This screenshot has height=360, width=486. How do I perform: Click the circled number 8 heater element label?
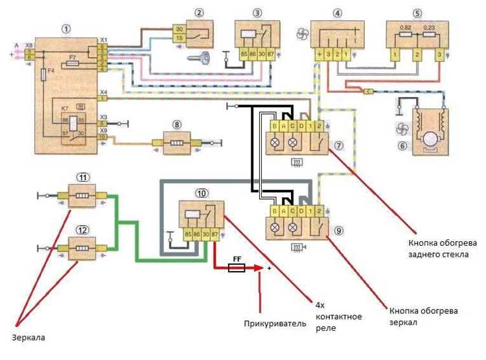point(177,124)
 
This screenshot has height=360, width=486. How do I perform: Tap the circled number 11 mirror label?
point(82,178)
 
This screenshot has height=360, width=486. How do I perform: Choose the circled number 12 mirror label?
point(82,229)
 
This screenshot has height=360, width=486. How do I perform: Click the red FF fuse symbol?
point(237,267)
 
